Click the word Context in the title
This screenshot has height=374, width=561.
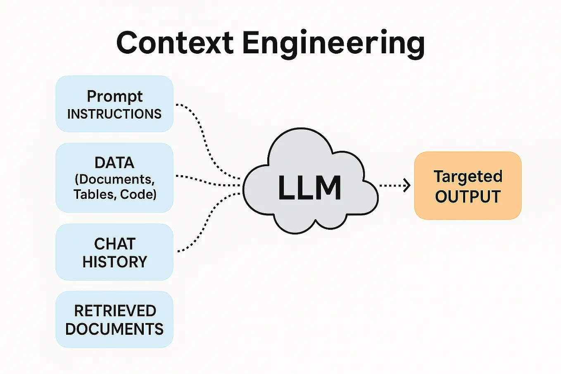pyautogui.click(x=175, y=43)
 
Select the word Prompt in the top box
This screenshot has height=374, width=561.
pyautogui.click(x=114, y=97)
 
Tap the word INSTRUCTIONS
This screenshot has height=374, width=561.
pyautogui.click(x=114, y=114)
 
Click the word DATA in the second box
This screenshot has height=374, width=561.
pyautogui.click(x=114, y=163)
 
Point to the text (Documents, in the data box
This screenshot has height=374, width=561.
pyautogui.click(x=114, y=179)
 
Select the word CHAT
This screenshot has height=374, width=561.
pyautogui.click(x=114, y=244)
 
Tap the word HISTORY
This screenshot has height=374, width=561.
pyautogui.click(x=114, y=262)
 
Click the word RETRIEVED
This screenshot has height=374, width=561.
pyautogui.click(x=115, y=311)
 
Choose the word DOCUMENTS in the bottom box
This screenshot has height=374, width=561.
pyautogui.click(x=114, y=329)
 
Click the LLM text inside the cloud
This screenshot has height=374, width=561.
pyautogui.click(x=309, y=188)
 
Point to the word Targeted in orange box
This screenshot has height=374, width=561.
pyautogui.click(x=468, y=177)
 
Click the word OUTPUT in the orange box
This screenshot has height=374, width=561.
pyautogui.click(x=468, y=197)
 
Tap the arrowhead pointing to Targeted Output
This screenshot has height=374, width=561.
pyautogui.click(x=407, y=185)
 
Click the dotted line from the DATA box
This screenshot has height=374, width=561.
pyautogui.click(x=207, y=181)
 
